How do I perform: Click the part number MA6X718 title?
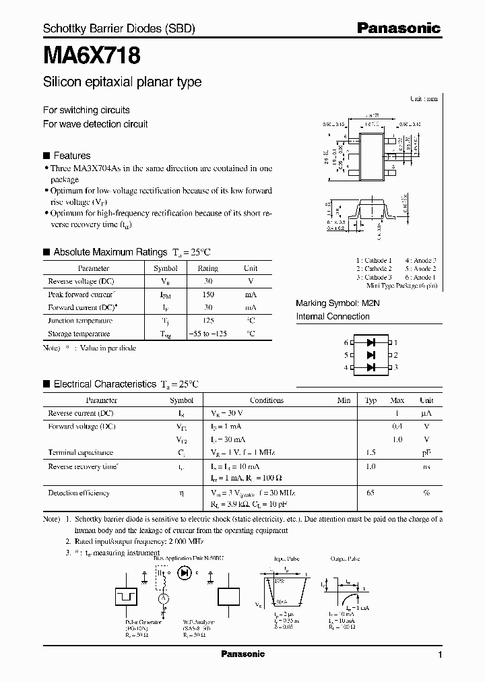point(92,55)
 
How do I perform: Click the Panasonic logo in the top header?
point(398,28)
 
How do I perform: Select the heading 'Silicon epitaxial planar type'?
point(122,82)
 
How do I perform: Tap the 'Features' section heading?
point(71,155)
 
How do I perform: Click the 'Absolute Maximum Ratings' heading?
point(110,252)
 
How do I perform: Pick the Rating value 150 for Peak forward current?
point(207,294)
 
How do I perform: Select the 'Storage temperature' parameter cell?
point(79,334)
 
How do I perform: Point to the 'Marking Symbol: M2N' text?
point(338,303)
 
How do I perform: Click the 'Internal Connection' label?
point(333,316)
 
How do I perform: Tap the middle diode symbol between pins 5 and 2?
point(370,354)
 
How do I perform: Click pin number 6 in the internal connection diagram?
point(346,342)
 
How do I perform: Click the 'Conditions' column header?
point(267,400)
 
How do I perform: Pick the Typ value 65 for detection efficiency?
point(370,493)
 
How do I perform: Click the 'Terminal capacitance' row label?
point(81,453)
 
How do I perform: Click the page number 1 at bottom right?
point(440,655)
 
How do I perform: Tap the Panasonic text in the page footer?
point(243,654)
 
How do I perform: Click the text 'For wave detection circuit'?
point(95,124)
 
